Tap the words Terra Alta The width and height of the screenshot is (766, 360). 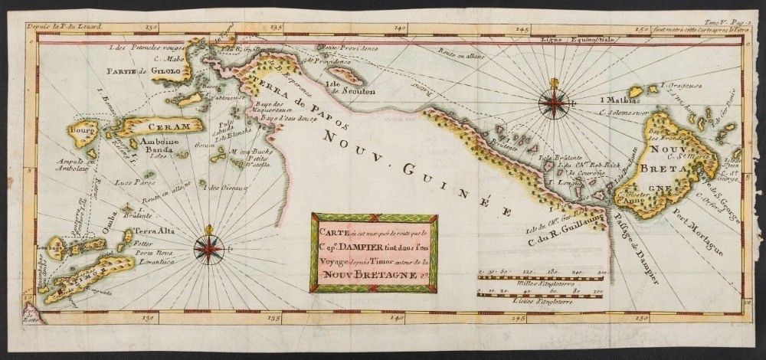pos(150,229)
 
